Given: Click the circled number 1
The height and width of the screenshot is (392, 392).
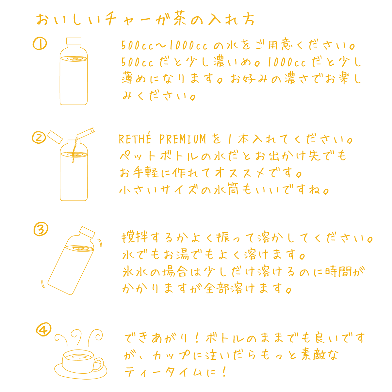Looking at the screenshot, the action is pyautogui.click(x=40, y=43).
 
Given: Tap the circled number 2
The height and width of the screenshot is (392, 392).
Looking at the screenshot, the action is pyautogui.click(x=39, y=138).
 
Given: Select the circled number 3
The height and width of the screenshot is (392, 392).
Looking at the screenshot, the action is pyautogui.click(x=41, y=229).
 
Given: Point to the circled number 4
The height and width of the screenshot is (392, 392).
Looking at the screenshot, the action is pyautogui.click(x=44, y=329).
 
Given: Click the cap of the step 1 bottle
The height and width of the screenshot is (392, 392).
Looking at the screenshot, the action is pyautogui.click(x=73, y=41).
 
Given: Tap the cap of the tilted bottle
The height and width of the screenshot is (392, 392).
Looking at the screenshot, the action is pyautogui.click(x=87, y=232).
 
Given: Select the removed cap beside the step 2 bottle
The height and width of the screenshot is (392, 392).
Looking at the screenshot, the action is pyautogui.click(x=55, y=137).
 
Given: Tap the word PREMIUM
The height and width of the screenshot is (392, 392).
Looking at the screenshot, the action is pyautogui.click(x=183, y=139).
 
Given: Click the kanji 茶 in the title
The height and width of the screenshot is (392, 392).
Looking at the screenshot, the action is pyautogui.click(x=180, y=19).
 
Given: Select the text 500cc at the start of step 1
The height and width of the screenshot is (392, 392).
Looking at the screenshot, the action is pyautogui.click(x=137, y=45).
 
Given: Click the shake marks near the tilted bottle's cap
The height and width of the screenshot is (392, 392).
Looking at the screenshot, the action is pyautogui.click(x=100, y=242).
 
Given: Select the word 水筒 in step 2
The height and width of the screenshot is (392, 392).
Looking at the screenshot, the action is pyautogui.click(x=226, y=189).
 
